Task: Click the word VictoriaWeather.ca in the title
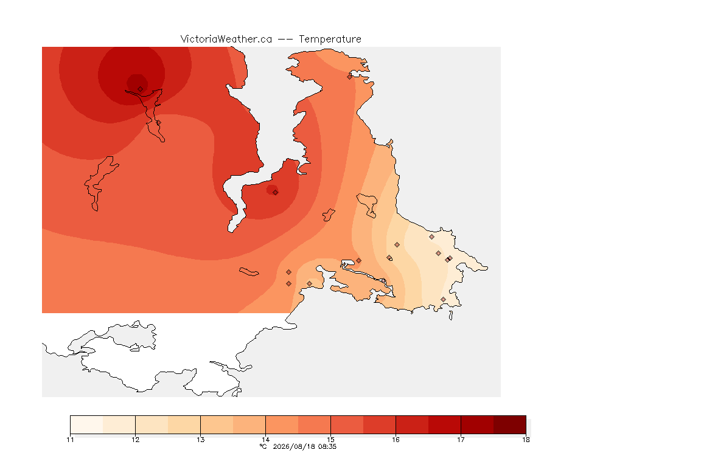pos(226,40)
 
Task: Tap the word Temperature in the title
pos(330,40)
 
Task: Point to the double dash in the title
pos(285,40)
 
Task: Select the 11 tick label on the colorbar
pos(70,440)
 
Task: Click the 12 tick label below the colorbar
pos(136,440)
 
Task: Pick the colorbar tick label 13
pos(200,440)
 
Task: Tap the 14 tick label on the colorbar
pos(265,440)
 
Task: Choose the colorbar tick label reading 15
pos(331,440)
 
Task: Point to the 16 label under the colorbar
pos(396,440)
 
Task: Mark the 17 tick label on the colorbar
pos(461,440)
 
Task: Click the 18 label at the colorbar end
pos(526,440)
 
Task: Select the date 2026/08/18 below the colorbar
pos(293,446)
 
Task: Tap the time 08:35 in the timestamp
pos(327,446)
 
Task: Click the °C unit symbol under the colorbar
pos(263,446)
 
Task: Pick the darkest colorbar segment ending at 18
pos(510,424)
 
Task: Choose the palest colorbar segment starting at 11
pos(87,424)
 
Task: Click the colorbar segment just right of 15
pos(347,424)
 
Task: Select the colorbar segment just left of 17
pos(444,424)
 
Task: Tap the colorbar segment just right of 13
pos(217,424)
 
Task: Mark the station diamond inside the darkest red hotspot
pos(141,89)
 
